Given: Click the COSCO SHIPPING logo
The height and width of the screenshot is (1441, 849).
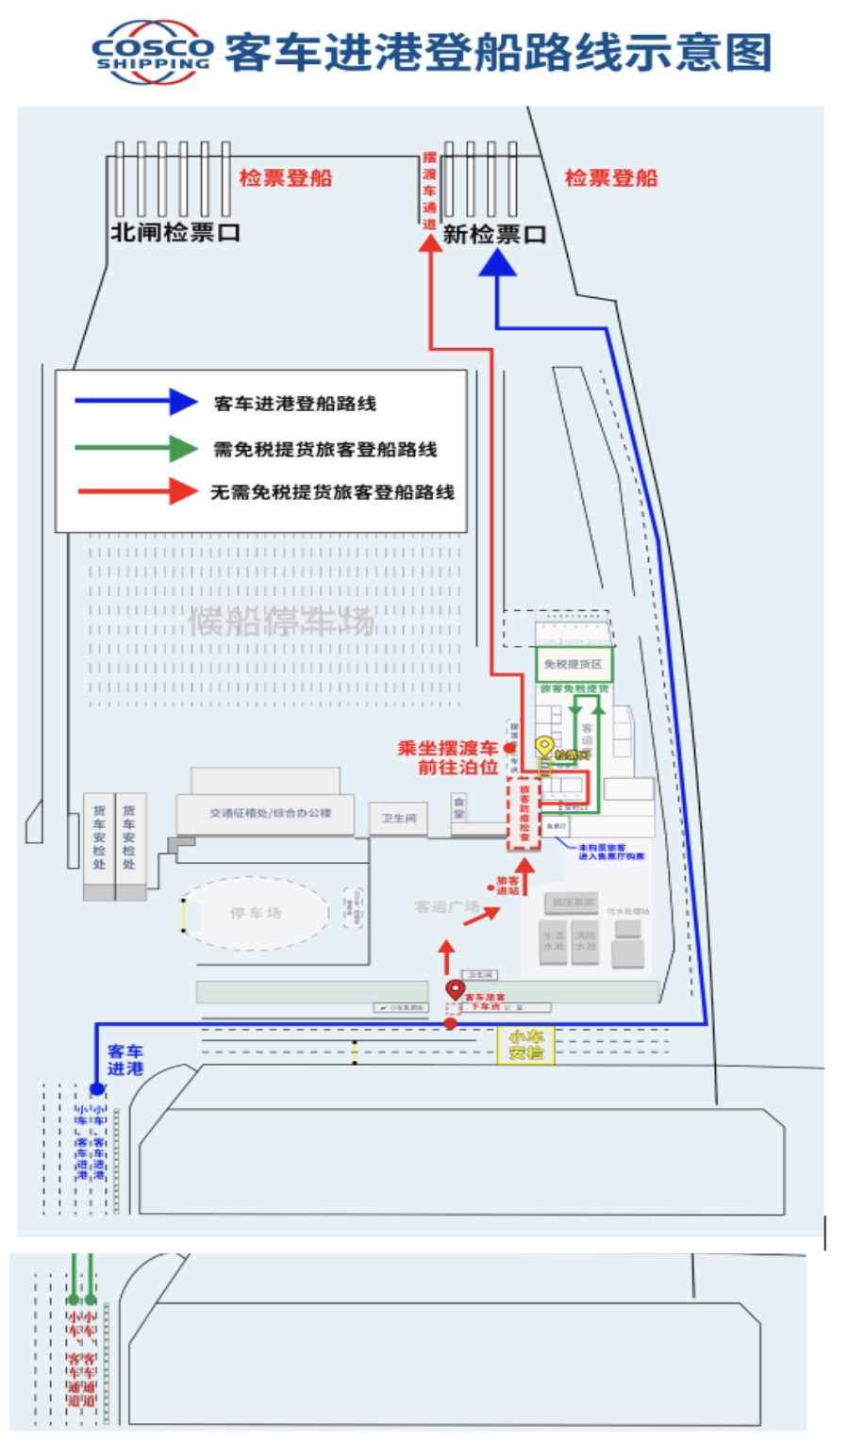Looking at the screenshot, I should (x=153, y=53).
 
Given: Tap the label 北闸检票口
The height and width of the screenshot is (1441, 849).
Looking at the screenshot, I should (x=175, y=232).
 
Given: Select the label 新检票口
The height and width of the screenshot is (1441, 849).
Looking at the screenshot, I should (x=494, y=235).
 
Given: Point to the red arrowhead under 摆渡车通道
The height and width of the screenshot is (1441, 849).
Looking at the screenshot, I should (x=430, y=243).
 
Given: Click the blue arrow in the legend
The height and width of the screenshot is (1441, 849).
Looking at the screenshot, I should (x=136, y=402).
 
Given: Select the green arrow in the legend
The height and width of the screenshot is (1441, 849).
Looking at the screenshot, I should (x=136, y=448).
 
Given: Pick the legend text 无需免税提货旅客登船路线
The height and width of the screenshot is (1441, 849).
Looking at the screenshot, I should (x=332, y=492).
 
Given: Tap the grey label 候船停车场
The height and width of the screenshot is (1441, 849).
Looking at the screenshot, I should (x=281, y=622).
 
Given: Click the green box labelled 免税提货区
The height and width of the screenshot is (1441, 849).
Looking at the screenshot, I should (x=574, y=664).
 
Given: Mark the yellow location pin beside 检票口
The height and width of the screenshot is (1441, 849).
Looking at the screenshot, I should (x=544, y=747).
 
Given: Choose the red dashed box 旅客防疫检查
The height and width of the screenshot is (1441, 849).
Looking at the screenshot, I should (x=524, y=813).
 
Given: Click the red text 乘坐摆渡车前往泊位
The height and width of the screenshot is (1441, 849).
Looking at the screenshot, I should (x=448, y=757).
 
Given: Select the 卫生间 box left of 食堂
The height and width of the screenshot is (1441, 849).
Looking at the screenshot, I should (x=398, y=818).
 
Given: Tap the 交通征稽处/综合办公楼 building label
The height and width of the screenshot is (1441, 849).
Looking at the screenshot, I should (x=270, y=813).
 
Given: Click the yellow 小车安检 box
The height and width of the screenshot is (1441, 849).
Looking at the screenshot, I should (x=525, y=1045).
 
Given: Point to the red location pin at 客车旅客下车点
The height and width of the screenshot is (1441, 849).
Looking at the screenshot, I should (x=456, y=989).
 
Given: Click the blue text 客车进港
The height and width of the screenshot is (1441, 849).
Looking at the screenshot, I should (x=125, y=1059).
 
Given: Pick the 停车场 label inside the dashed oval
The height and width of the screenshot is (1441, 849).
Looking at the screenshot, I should (x=256, y=913).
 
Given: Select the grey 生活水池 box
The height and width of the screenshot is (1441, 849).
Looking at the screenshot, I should (x=554, y=941).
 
